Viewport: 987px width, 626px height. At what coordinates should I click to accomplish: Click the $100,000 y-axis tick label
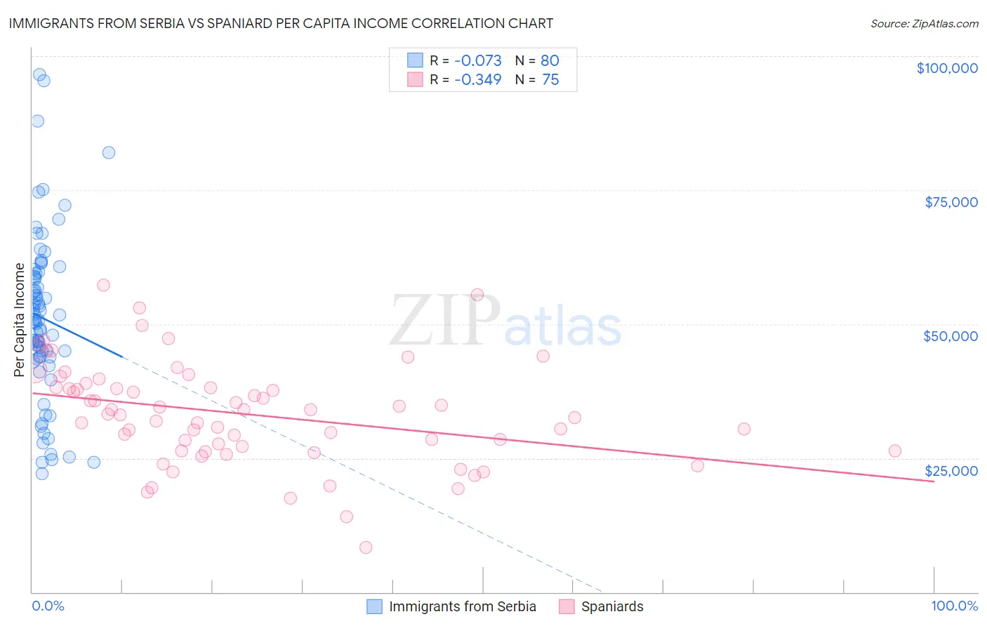947,68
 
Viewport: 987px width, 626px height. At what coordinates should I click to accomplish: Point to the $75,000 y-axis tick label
951,202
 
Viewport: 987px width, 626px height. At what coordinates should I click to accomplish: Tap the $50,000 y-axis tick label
950,336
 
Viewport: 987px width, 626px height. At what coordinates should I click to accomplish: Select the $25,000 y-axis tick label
951,470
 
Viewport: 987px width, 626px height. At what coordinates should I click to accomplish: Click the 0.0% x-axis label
48,606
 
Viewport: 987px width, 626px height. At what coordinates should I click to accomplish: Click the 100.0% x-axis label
955,606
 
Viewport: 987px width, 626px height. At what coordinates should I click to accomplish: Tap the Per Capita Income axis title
20,320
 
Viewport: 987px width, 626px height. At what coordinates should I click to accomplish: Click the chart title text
281,24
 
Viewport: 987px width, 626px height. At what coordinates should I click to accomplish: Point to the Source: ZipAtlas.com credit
924,24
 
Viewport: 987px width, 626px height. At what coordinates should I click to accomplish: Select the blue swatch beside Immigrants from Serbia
375,607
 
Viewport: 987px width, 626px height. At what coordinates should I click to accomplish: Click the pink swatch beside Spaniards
567,607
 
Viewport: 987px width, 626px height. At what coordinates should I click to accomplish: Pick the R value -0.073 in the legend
477,61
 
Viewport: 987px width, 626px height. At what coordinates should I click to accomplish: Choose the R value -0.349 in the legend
477,80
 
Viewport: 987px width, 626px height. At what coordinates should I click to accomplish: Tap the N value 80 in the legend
550,61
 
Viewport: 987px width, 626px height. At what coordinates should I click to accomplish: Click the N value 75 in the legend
550,80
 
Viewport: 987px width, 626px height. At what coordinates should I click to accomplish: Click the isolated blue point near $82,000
109,153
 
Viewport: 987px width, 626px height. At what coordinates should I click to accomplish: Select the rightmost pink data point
895,451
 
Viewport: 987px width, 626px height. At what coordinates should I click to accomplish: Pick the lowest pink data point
366,547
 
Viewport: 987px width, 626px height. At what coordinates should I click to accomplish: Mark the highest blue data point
39,75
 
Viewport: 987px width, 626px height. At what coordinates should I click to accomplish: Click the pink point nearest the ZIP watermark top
477,295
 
